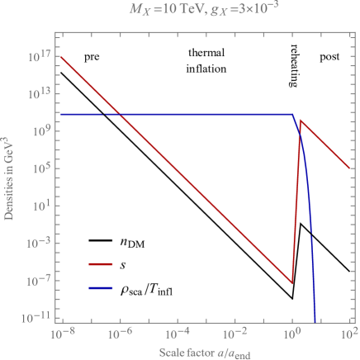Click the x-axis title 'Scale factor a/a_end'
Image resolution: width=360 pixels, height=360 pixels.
pos(206,352)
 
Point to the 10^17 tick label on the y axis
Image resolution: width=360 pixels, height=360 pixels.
pos(40,56)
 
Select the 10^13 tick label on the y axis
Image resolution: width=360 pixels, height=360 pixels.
pos(40,93)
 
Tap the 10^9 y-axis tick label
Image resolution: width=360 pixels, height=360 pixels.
pos(42,130)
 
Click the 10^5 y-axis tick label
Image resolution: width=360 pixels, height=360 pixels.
pos(42,168)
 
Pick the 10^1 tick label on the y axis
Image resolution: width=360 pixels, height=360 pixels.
pos(42,205)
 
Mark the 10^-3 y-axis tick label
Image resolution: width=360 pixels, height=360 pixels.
pos(40,242)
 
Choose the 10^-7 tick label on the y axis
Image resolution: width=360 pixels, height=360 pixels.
pos(40,279)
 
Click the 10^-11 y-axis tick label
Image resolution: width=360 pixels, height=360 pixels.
pos(38,316)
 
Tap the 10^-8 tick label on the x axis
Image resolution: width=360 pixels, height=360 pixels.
pos(61,334)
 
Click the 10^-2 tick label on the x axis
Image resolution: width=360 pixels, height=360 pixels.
pos(234,334)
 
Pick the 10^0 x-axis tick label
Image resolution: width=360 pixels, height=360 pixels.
pos(292,334)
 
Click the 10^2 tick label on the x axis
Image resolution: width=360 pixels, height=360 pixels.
pos(349,334)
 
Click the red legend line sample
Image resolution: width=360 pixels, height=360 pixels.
pos(102,265)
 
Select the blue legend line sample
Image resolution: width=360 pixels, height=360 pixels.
pos(102,289)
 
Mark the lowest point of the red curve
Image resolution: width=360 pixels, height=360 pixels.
pos(292,283)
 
